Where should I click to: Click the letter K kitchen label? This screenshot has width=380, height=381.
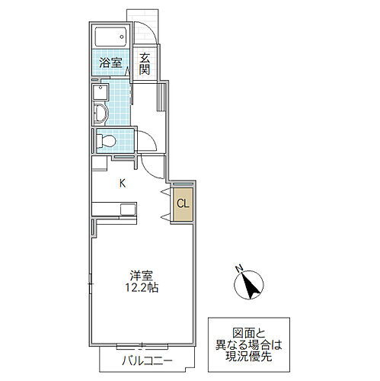coord(121,183)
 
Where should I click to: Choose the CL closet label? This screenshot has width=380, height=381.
coord(184,203)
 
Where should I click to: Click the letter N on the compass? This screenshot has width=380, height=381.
coord(238,267)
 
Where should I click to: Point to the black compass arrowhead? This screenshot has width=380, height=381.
coord(250,289)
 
